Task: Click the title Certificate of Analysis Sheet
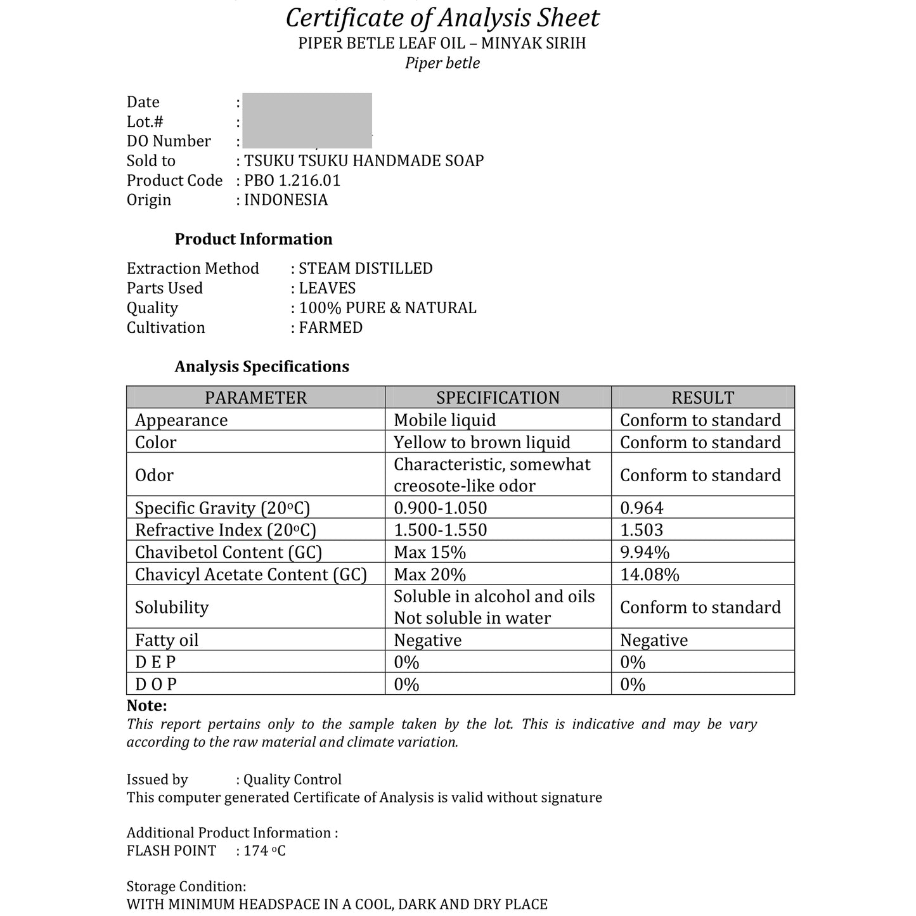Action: pos(442,18)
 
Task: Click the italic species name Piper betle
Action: pos(442,63)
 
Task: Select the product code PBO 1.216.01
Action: pos(292,181)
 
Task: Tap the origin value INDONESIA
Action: pos(286,200)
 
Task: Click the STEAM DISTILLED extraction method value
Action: pos(366,269)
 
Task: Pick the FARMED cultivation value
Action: pos(331,328)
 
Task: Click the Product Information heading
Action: pos(254,240)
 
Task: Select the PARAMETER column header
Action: pos(255,397)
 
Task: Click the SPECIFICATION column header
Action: pos(498,397)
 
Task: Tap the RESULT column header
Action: pos(702,397)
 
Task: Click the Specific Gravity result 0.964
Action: pos(642,508)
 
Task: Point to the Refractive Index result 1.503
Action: pos(642,530)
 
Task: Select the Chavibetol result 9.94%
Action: pos(645,552)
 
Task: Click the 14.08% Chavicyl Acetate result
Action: pos(649,574)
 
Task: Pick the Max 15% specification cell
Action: pos(430,552)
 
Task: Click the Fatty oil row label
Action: pos(167,640)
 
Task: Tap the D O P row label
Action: pos(156,685)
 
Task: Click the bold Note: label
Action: pos(147,706)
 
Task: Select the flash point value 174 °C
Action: pos(265,851)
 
